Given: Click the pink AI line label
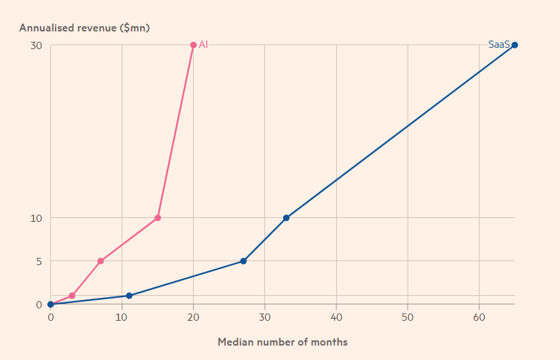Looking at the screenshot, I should (x=203, y=45).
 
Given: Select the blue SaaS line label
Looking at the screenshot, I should (x=499, y=45).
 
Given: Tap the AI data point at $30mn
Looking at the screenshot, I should (x=193, y=45).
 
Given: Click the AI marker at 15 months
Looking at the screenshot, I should (x=158, y=218).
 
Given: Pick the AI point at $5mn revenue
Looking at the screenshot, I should (x=100, y=261).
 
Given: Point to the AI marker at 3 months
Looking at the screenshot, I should (x=72, y=296).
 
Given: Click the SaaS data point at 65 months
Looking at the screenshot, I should (x=515, y=45).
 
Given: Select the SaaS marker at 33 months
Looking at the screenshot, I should (x=286, y=218).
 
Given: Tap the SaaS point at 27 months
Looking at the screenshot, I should (x=243, y=261).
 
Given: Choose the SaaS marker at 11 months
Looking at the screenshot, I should (x=129, y=296).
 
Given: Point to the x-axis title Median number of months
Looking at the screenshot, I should (x=283, y=342).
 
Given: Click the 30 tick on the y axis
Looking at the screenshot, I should (x=36, y=45).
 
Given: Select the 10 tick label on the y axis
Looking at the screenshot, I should (x=36, y=218).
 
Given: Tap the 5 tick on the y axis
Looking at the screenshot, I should (x=39, y=261).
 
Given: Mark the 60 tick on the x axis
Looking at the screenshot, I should (x=479, y=317).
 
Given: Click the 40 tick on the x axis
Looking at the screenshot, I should (x=336, y=317).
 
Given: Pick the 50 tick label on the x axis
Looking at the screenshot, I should (x=408, y=317).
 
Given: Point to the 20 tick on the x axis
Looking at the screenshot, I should (x=193, y=317).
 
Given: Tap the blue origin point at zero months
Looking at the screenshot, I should (x=50, y=304).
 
